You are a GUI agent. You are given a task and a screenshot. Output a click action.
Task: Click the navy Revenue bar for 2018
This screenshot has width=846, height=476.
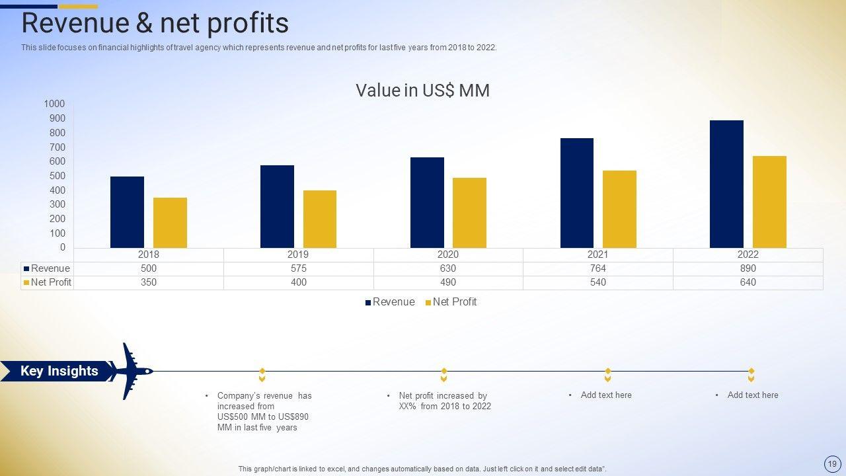point(127,212)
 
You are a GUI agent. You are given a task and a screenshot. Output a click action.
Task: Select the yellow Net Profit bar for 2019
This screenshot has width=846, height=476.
point(320,219)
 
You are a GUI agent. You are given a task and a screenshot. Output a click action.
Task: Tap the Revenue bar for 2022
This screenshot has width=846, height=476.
point(726,184)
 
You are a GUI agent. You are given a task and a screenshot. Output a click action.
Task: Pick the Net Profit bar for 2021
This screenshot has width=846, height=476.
point(619,210)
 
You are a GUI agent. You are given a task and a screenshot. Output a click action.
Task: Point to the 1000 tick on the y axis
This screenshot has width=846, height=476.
point(55,104)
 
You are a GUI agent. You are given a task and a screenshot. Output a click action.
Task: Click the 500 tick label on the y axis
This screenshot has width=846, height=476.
point(57,176)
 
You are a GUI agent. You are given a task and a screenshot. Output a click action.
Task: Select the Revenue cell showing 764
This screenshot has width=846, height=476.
point(597,268)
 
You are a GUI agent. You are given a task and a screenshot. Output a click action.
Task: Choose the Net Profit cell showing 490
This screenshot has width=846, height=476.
point(447,282)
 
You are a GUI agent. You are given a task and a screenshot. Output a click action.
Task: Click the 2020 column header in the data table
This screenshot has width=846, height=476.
point(447,255)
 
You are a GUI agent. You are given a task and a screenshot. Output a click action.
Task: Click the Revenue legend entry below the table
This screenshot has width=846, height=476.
point(390,302)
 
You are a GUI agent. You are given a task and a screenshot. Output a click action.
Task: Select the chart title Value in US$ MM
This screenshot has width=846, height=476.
point(422,90)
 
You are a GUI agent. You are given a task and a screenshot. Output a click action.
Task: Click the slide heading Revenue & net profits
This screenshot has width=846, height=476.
point(155,23)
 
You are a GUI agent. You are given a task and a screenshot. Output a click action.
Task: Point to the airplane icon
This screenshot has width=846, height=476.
point(131,371)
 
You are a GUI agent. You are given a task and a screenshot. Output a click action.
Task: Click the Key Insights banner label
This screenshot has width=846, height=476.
point(59,371)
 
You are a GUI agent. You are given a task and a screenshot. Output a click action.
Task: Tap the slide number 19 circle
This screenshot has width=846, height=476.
point(831,463)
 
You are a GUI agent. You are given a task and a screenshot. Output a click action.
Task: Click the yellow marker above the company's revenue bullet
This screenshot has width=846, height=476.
point(262,375)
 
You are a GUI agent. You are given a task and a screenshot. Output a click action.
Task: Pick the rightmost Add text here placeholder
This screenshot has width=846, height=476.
point(752,395)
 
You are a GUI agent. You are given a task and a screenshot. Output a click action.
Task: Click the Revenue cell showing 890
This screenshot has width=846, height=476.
point(748,268)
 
